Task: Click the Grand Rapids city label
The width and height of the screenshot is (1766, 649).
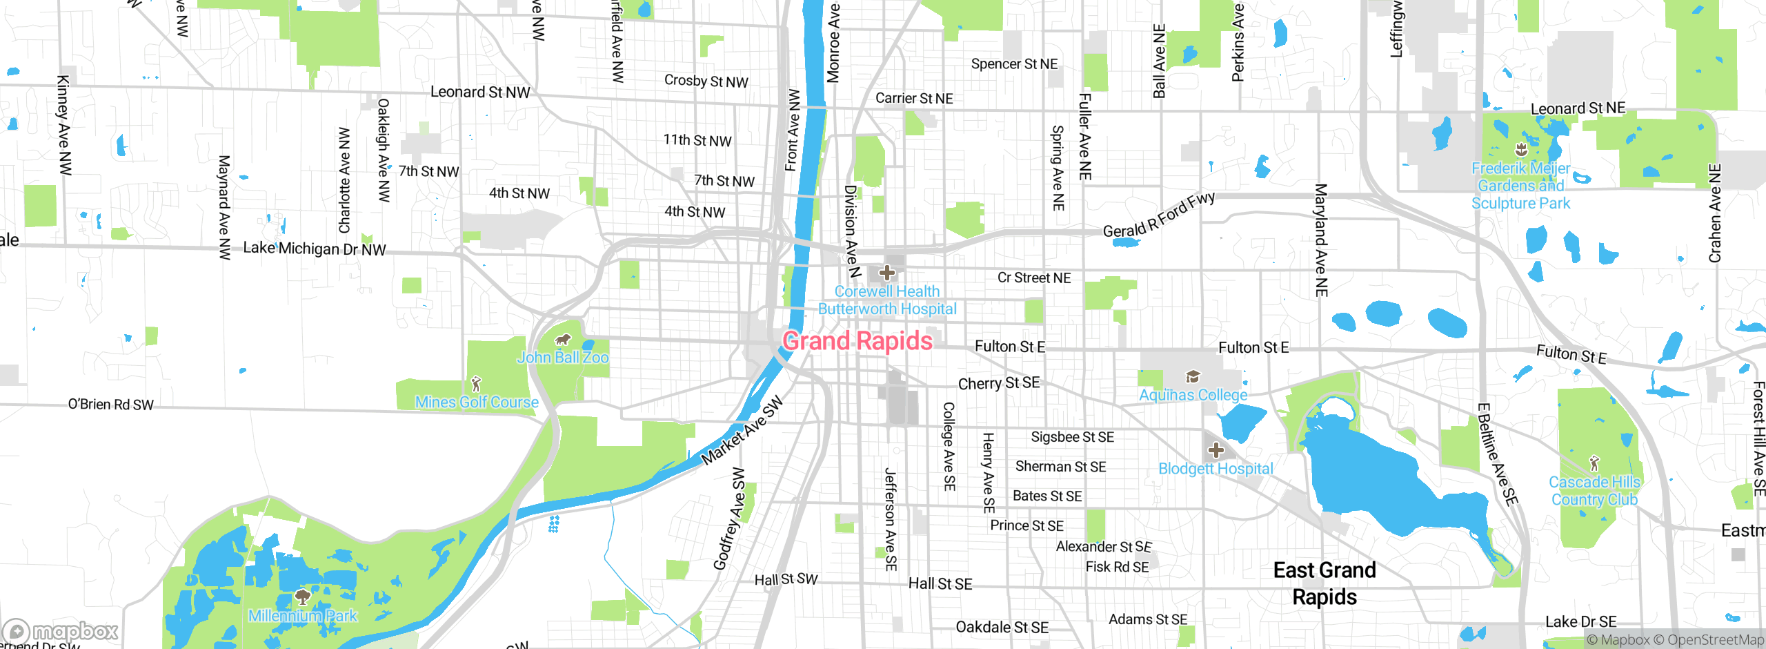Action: (x=857, y=341)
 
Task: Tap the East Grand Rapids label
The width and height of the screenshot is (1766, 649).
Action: (x=1324, y=583)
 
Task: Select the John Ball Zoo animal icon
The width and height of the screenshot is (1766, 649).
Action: (x=563, y=339)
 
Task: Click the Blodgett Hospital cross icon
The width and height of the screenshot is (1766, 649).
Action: (x=1216, y=451)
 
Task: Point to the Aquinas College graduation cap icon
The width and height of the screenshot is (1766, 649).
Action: (x=1193, y=376)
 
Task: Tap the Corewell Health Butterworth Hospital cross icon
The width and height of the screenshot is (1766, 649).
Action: (x=887, y=273)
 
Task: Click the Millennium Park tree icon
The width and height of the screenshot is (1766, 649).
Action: (x=301, y=596)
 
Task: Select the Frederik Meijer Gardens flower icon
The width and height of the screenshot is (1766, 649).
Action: (x=1520, y=150)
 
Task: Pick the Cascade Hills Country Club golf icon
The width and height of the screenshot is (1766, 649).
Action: (x=1594, y=463)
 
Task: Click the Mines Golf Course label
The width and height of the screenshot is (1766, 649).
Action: (x=477, y=403)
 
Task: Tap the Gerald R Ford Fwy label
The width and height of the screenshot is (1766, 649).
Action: (x=1159, y=215)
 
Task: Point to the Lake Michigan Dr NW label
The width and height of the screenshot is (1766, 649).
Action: (x=315, y=249)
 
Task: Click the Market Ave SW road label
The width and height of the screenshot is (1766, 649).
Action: (x=742, y=430)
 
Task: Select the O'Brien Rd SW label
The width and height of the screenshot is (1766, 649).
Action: (x=110, y=405)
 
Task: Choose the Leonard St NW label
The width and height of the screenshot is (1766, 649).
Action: (x=480, y=92)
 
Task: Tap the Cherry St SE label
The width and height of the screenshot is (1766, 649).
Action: (x=998, y=383)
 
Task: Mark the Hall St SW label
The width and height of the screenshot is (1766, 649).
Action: (x=786, y=579)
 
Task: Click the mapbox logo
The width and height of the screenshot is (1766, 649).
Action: (x=61, y=631)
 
